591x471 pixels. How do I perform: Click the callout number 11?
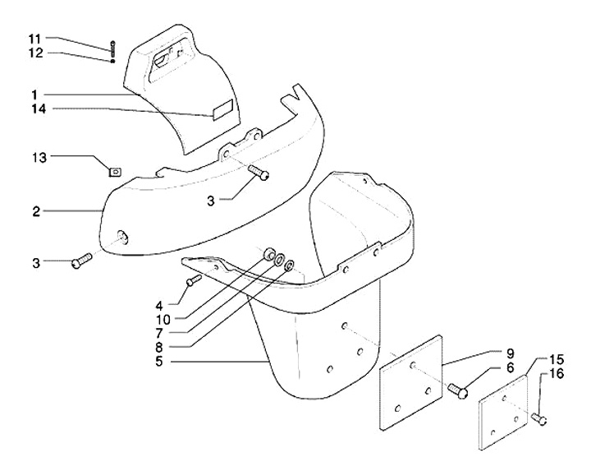[36, 39]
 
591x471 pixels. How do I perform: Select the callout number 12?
[36, 53]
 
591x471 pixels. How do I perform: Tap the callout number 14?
[39, 109]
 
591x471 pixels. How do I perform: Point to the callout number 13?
[39, 157]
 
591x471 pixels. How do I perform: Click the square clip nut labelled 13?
[115, 172]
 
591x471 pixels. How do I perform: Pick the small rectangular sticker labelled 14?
[223, 110]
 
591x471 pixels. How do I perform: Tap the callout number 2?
[36, 212]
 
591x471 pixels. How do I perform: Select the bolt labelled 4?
[194, 280]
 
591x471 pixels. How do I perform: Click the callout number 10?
[163, 320]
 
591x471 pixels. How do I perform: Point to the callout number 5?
[159, 362]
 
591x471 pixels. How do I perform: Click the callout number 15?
[557, 359]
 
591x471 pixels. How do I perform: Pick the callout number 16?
[557, 374]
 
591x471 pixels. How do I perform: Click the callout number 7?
[159, 333]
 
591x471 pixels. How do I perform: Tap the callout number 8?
[159, 346]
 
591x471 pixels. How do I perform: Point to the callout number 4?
[159, 305]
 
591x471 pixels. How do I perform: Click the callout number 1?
[35, 95]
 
